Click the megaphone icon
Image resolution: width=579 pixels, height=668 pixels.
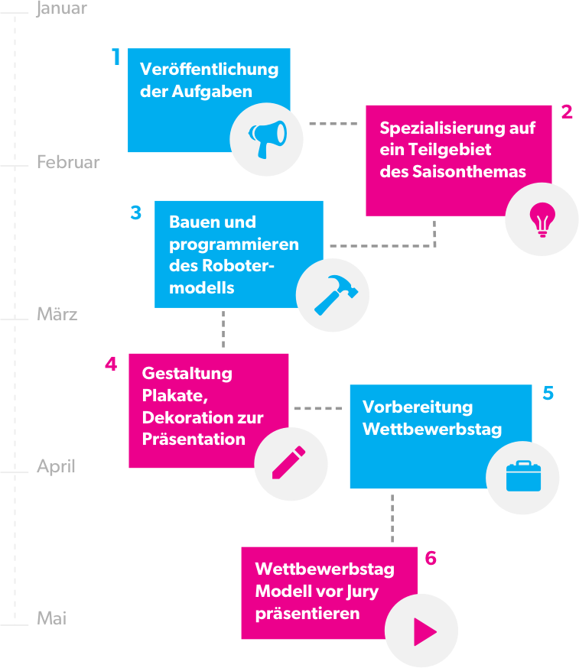coord(267,139)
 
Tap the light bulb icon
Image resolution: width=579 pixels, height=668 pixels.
coord(542,219)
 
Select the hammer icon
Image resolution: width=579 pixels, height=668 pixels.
coord(332,295)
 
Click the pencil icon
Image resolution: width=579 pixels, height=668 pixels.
coord(290,463)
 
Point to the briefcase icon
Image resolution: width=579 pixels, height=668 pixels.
coord(523,476)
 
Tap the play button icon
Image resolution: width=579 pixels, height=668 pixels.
coord(422,631)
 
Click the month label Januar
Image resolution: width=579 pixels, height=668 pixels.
coord(62,9)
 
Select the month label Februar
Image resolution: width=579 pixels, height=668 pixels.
coord(68,163)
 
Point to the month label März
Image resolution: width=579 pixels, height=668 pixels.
coord(57,314)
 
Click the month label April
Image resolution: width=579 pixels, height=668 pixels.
coord(56,466)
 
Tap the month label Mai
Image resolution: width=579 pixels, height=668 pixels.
coord(52,618)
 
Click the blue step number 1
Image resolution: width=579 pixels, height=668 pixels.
coord(116,57)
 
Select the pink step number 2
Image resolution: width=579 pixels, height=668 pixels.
coord(567,112)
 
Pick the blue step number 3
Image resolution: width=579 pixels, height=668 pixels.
coord(136,212)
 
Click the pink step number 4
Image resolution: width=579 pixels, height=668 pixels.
coord(111,364)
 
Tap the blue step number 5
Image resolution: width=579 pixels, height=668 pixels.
coord(548,393)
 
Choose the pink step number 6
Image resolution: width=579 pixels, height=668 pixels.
coord(431,558)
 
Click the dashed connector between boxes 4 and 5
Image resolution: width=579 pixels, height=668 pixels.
coord(319,409)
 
